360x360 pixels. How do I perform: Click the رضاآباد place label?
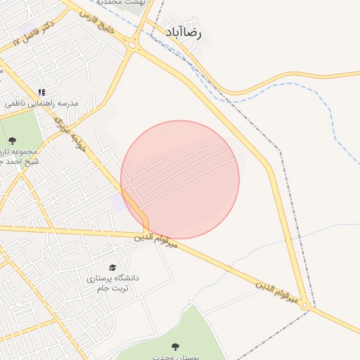[185, 33]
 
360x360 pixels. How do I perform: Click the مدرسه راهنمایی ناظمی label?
[42, 103]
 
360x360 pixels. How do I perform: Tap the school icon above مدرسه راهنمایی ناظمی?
[41, 92]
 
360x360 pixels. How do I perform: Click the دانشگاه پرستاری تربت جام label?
[112, 283]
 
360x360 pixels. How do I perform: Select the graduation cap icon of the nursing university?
[112, 268]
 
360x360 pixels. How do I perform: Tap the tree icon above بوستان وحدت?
[175, 346]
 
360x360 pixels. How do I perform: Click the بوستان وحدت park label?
[176, 356]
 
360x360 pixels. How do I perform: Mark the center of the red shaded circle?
[180, 179]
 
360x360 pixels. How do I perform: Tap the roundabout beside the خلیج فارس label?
[132, 45]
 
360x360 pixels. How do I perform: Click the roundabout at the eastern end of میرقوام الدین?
[305, 306]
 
